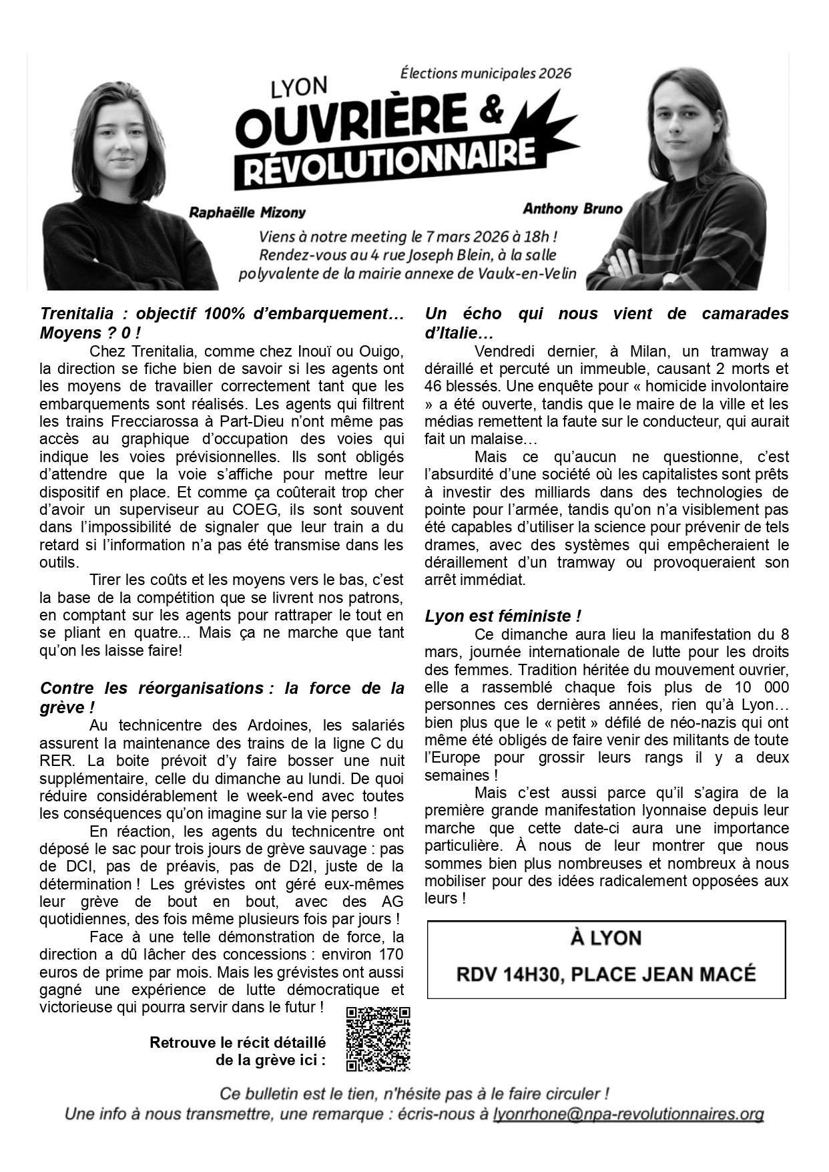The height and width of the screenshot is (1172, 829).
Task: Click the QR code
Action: click(x=378, y=1038)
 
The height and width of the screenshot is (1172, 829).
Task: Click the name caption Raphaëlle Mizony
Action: click(x=247, y=213)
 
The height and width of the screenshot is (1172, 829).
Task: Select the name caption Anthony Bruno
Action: click(x=572, y=208)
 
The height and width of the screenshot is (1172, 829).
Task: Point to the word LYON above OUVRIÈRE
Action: click(x=298, y=87)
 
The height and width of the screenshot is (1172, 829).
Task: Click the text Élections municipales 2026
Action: click(x=485, y=73)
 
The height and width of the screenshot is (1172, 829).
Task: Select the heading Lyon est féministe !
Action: click(x=503, y=616)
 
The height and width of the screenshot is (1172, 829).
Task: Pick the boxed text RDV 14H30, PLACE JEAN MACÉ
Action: click(x=605, y=974)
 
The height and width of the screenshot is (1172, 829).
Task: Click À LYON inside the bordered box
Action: click(x=605, y=938)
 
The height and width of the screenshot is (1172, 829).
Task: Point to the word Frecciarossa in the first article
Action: click(x=156, y=421)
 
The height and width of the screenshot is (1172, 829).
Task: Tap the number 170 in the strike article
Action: click(x=390, y=954)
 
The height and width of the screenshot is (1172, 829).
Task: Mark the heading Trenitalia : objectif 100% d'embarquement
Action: click(x=222, y=314)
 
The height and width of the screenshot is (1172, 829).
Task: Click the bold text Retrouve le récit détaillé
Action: click(x=238, y=1042)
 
